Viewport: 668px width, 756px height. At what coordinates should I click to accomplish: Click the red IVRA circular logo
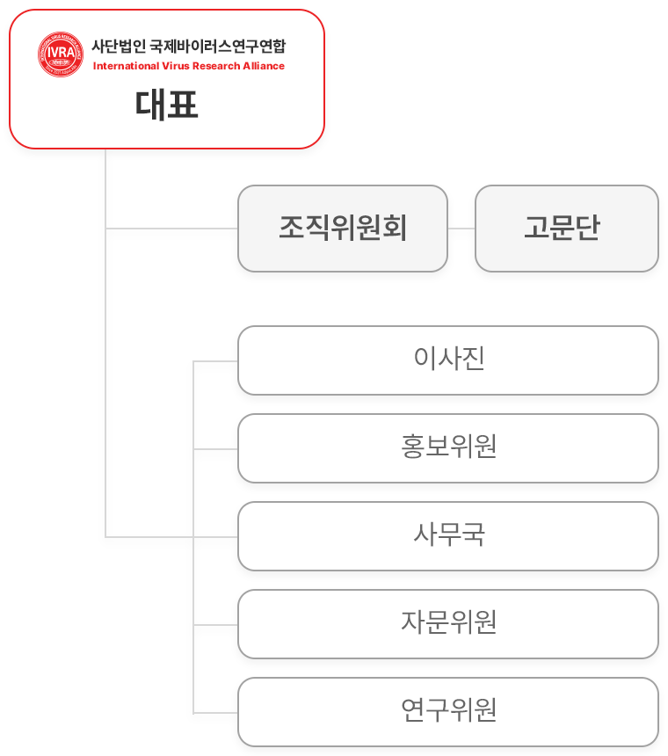pos(61,55)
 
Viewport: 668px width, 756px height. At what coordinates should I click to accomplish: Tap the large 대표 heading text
pos(167,105)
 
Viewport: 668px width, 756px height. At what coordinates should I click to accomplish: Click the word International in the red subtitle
pos(126,66)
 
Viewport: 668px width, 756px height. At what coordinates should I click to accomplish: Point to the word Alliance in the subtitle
pos(264,66)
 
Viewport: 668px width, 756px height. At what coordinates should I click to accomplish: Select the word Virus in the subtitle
pos(176,66)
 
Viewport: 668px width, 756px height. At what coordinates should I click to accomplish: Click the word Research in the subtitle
pos(216,66)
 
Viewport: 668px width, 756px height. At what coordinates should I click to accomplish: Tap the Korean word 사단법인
pos(119,47)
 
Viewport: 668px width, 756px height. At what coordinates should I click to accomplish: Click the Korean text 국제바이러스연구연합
pos(218,47)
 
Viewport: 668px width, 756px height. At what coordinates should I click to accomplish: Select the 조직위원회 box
pos(343,229)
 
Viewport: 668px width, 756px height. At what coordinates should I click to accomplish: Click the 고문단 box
pos(567,229)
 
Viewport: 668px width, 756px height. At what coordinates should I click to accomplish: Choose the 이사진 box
pos(448,360)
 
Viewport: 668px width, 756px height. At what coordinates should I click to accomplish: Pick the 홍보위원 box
pos(448,448)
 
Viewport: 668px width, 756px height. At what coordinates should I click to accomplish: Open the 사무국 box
pos(448,536)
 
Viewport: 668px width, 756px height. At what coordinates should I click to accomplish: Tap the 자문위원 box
pos(448,624)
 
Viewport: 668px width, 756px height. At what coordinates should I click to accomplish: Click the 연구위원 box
pos(448,712)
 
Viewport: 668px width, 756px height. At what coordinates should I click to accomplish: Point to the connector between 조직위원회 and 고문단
pos(461,229)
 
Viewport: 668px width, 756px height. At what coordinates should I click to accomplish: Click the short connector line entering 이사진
pos(215,361)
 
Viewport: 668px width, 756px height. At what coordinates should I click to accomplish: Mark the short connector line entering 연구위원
pos(215,713)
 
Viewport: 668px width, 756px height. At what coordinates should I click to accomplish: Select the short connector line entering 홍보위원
pos(215,449)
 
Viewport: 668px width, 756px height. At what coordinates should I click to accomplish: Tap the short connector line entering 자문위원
pos(215,625)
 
